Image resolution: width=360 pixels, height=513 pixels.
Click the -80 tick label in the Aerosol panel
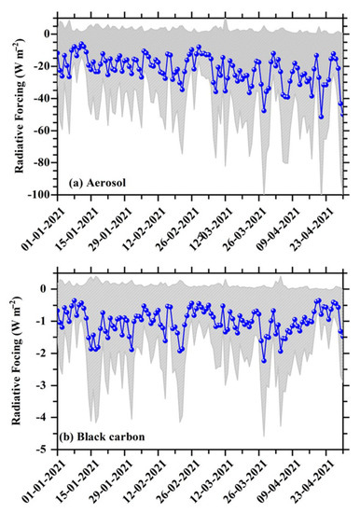click(44, 162)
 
